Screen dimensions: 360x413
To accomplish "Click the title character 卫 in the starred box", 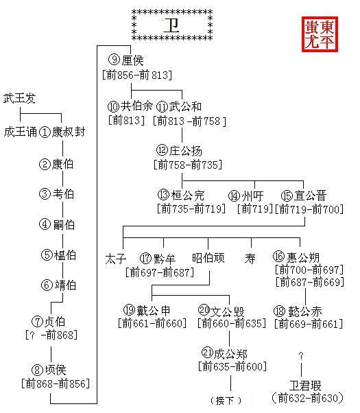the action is [171, 25].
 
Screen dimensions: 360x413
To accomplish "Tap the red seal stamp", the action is [320, 34].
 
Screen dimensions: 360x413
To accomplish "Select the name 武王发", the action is [19, 98].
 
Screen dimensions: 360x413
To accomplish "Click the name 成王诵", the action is [21, 132].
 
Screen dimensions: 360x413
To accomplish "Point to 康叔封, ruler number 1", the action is [69, 132].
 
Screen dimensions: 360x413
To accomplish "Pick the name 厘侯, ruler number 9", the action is [133, 60].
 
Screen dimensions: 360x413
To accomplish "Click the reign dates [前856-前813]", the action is [137, 75].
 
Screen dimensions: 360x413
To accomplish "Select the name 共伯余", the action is [136, 106].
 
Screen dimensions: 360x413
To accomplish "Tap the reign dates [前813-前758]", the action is [189, 121].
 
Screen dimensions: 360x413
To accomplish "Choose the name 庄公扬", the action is [185, 151].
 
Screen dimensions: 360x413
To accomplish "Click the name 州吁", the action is [252, 196].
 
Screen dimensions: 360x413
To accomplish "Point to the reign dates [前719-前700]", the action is [309, 209].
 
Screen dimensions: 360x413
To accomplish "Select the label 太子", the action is [116, 259].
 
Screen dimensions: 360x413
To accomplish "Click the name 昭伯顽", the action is [208, 257].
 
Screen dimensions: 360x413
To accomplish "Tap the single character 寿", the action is [250, 259].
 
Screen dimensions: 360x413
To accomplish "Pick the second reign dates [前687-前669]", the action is [310, 283].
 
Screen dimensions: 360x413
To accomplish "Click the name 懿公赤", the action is [305, 311].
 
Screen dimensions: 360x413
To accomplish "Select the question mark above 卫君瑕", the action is [301, 356].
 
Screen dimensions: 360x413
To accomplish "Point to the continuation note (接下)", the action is [226, 401].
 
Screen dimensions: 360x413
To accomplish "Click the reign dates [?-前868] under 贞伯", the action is [51, 335].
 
